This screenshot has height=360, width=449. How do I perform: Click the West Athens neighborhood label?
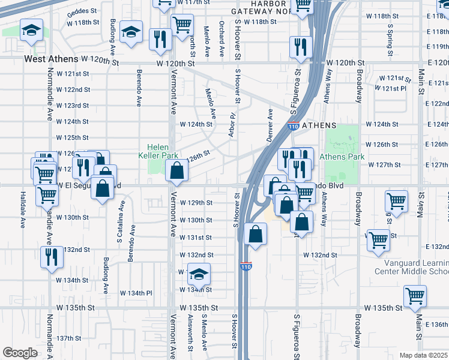(x=51, y=59)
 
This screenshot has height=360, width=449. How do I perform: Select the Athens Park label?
(x=342, y=157)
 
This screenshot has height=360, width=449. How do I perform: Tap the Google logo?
(x=20, y=352)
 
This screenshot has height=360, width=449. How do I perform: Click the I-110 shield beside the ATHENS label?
(x=294, y=127)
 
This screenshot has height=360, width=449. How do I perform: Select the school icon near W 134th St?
(x=198, y=274)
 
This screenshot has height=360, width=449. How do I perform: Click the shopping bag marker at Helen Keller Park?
(x=176, y=172)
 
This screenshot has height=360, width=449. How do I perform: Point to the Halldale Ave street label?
(x=23, y=214)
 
